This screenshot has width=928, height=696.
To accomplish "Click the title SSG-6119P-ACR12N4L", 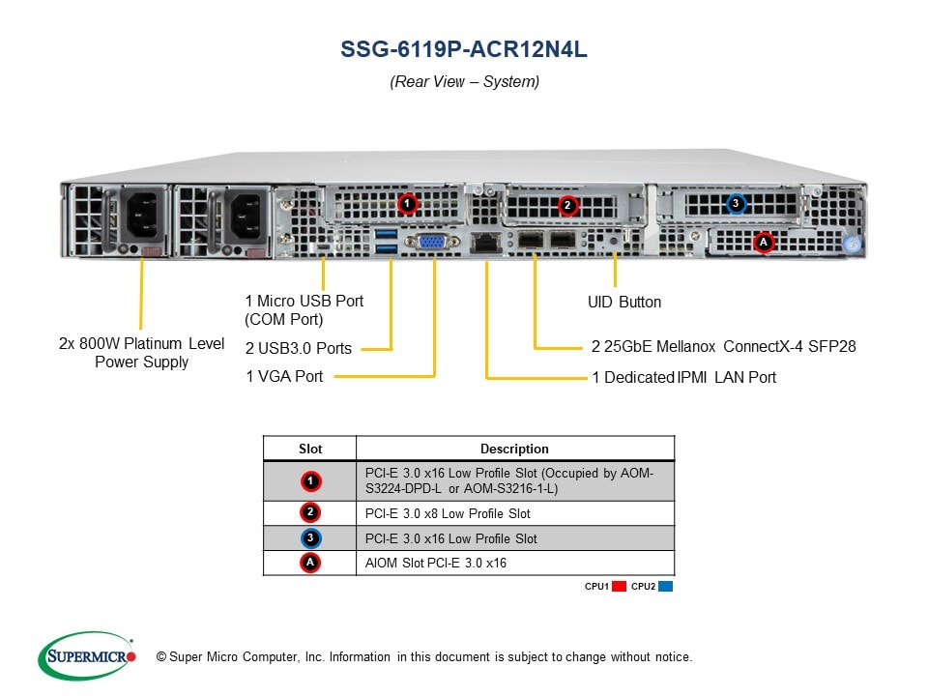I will (464, 49).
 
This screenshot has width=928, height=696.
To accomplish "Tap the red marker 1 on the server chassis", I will (407, 204).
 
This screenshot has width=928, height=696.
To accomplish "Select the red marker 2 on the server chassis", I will (567, 205).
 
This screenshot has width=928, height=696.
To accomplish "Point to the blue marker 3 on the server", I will (737, 203).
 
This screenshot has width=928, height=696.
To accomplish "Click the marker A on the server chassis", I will (764, 242).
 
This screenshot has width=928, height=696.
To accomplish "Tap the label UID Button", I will (624, 303).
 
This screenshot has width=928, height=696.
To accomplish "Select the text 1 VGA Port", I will (284, 376).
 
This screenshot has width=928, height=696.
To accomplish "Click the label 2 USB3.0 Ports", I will (298, 348).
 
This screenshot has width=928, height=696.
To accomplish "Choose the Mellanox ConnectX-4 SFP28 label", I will (723, 346).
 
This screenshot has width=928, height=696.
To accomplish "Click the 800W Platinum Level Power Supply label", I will (141, 353).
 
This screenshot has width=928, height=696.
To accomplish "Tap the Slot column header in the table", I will (310, 449).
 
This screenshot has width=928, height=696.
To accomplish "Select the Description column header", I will (514, 449).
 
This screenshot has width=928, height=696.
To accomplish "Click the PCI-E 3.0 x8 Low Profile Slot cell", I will (448, 513).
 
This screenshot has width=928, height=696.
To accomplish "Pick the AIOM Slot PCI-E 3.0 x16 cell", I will (436, 563).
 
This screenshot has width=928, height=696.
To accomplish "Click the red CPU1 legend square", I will (620, 587).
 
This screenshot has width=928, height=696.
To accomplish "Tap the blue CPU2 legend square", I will (666, 587).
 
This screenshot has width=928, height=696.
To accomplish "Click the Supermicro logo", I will (87, 656).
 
